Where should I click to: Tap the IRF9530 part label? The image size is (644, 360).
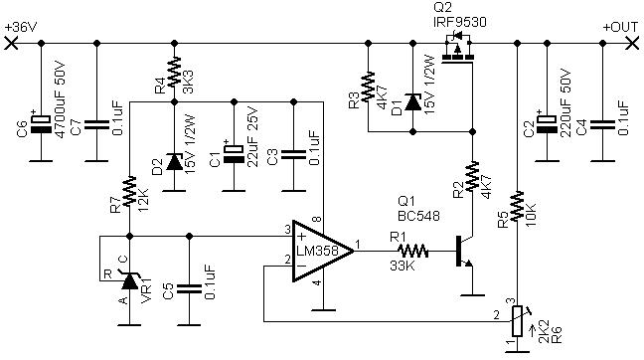coord(459,22)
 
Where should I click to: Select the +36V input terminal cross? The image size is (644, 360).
coord(11,43)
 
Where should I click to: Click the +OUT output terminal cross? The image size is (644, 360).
coord(632,43)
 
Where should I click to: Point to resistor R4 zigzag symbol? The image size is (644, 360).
coord(174,73)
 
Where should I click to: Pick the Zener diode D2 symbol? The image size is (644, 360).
coord(174,162)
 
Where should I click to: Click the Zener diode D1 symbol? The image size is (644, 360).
coord(412,101)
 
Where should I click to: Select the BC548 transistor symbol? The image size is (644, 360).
coord(466,252)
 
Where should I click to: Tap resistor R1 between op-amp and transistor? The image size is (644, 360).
coord(412,251)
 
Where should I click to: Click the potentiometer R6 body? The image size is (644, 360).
coord(517,321)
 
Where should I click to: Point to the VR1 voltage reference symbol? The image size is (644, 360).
coord(130,279)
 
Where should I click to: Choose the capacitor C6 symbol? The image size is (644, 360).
coord(41,122)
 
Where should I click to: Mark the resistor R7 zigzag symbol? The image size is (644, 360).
coord(129,191)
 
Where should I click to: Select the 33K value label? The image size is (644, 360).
coord(402,266)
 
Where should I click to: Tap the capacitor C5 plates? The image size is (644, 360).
coord(189,289)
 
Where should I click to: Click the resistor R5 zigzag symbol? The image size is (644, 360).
coord(518,206)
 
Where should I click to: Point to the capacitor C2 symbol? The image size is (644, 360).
coord(547,122)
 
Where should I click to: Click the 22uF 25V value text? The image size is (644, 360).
coord(252,137)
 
